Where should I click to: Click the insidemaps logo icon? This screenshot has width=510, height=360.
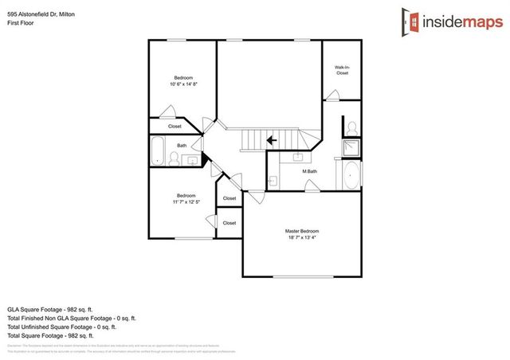(x=410, y=21)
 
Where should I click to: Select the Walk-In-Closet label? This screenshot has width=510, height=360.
(x=342, y=70)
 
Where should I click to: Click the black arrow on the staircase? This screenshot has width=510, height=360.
(x=272, y=140)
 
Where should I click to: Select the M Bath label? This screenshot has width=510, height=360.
(x=309, y=171)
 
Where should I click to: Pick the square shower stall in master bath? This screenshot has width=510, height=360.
(x=351, y=147)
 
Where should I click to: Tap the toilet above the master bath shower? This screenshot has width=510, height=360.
(x=351, y=128)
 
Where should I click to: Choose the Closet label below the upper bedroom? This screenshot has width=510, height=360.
(x=175, y=126)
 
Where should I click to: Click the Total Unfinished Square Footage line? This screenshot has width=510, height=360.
(x=62, y=327)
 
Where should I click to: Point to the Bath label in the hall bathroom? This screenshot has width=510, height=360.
(x=182, y=145)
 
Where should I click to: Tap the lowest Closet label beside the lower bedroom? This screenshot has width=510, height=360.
(x=229, y=223)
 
